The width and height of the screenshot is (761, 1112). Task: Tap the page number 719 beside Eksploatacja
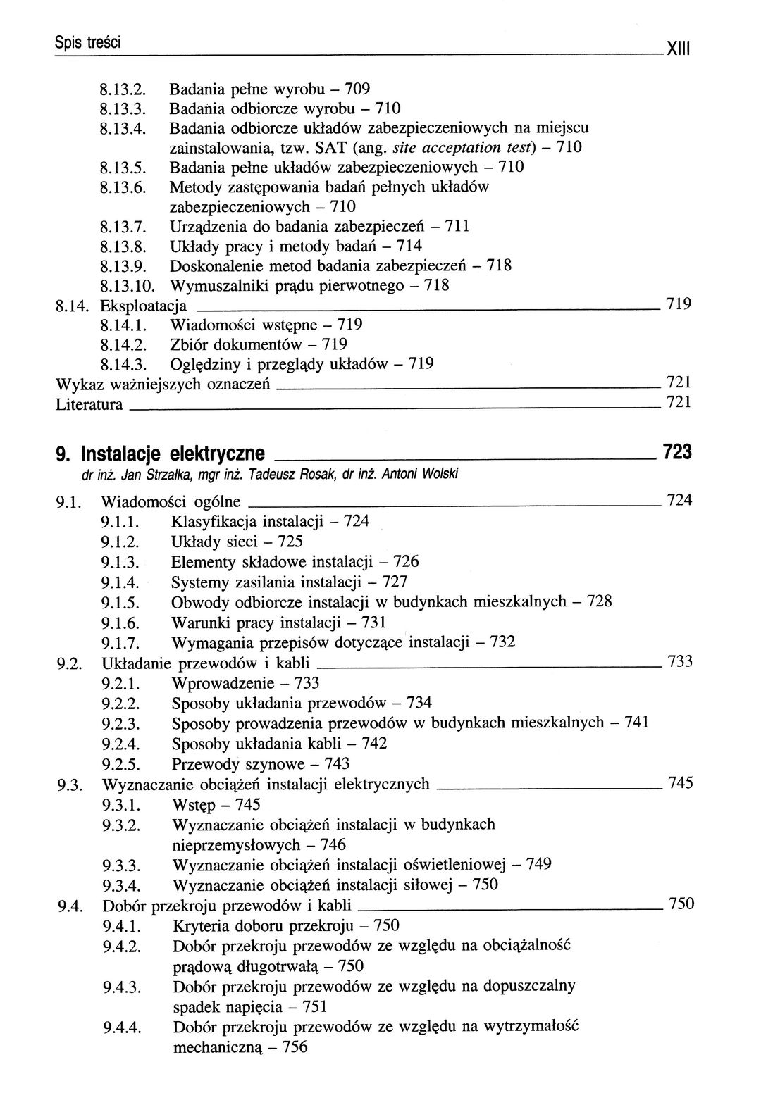pyautogui.click(x=679, y=304)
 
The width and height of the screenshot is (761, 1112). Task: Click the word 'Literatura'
pyautogui.click(x=89, y=405)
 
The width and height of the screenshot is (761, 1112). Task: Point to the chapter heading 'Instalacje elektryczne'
pyautogui.click(x=173, y=452)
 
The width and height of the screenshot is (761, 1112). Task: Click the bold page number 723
pyautogui.click(x=677, y=451)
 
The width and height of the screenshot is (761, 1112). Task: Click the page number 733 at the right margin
pyautogui.click(x=679, y=661)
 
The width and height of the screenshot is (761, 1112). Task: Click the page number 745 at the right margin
pyautogui.click(x=680, y=783)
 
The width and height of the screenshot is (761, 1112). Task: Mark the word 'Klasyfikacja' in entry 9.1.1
pyautogui.click(x=214, y=522)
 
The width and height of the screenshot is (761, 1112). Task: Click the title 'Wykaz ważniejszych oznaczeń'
pyautogui.click(x=163, y=385)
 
